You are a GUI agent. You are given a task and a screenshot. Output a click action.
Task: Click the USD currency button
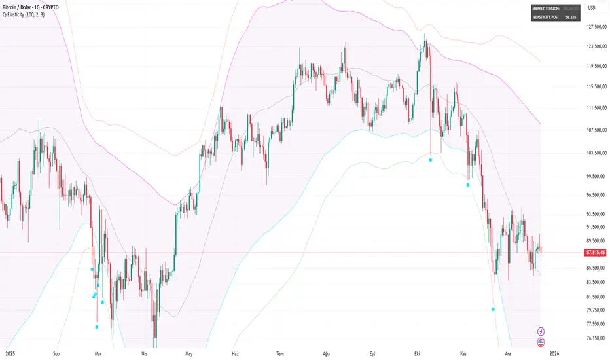pos(592,7)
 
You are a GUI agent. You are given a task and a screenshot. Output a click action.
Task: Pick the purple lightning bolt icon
pos(541,331)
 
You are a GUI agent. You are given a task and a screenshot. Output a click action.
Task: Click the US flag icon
pos(541,342)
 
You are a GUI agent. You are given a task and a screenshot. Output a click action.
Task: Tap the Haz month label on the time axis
pos(236,351)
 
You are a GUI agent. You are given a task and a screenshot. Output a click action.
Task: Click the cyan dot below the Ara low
pos(493,309)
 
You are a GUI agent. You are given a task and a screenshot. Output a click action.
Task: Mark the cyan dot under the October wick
pos(430,160)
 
